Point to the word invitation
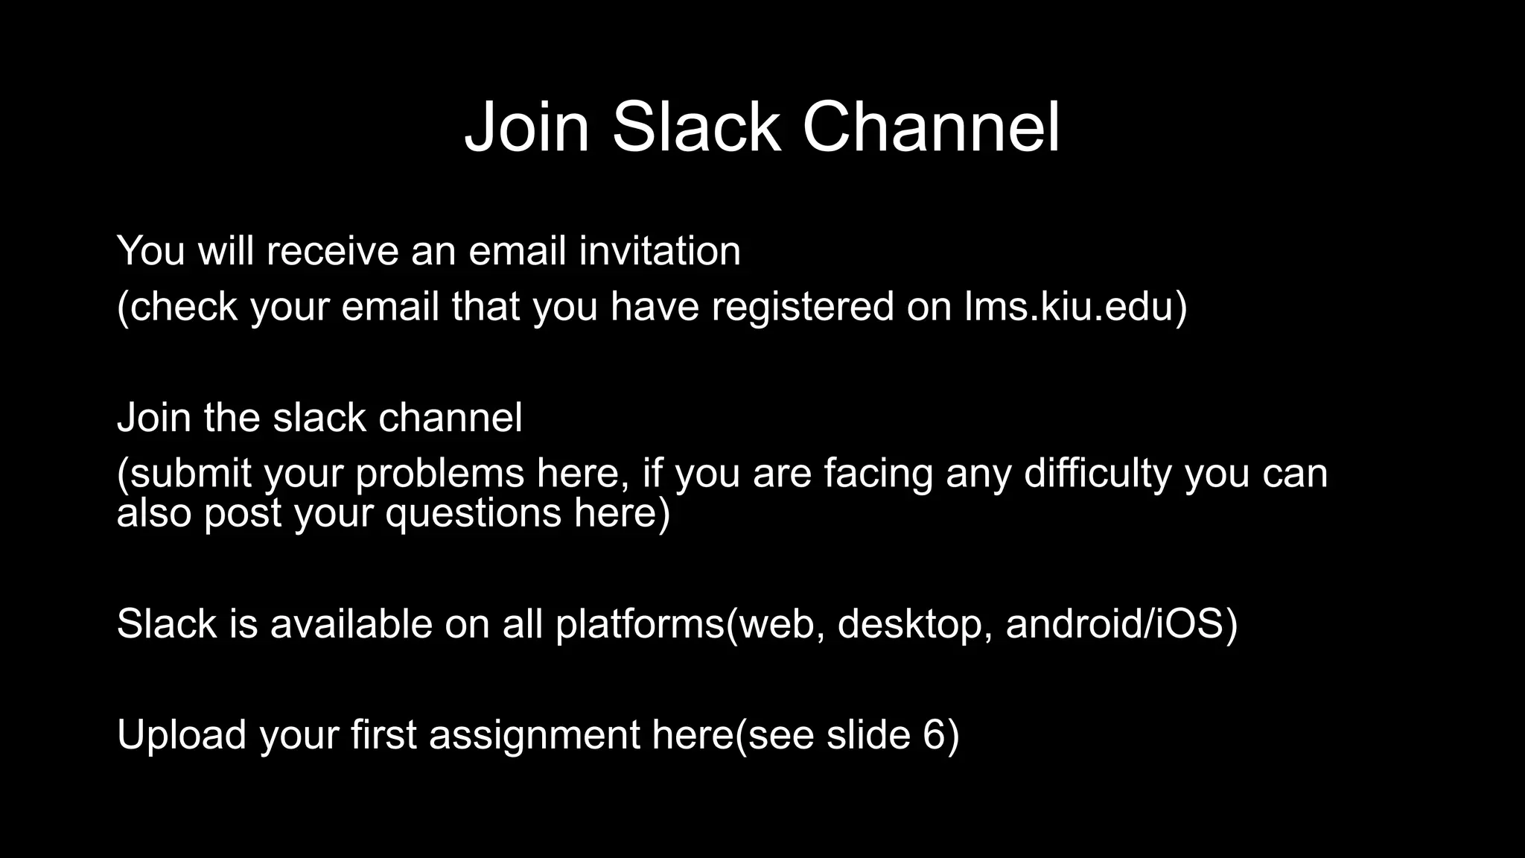(660, 250)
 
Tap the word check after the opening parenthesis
(184, 306)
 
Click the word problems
(440, 474)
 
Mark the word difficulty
(1098, 474)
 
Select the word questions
(473, 513)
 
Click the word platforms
(640, 623)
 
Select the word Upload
(182, 734)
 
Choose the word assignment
(534, 734)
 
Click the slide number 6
(934, 734)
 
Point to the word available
(351, 623)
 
